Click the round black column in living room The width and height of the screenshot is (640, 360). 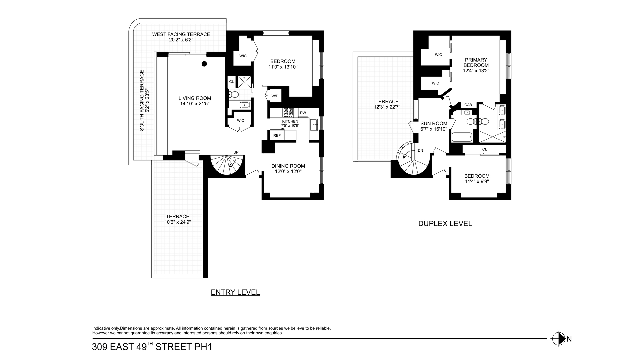(204, 64)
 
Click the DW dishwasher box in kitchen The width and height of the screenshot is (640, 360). (303, 113)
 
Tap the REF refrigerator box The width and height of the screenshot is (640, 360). (277, 135)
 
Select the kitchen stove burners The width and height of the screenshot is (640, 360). (288, 112)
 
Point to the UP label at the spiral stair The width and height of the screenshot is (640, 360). (236, 152)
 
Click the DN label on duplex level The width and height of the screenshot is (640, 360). (420, 151)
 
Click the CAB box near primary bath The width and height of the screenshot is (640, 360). (468, 105)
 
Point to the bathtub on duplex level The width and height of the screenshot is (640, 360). (462, 137)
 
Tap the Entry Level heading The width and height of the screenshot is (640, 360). (235, 292)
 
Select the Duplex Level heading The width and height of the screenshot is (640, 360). (445, 224)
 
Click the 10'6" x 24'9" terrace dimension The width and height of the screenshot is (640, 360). (178, 222)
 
